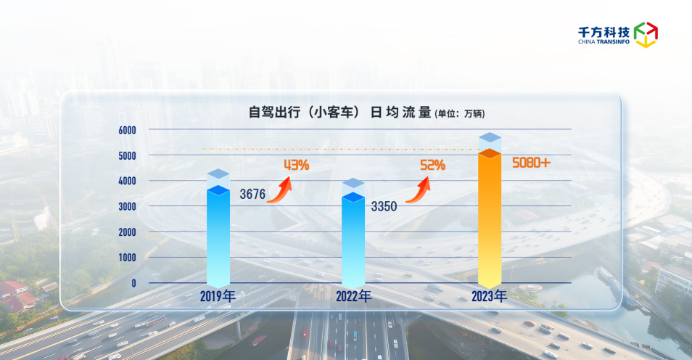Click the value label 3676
click(253, 195)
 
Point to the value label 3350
click(384, 207)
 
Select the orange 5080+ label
click(531, 163)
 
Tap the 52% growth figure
click(432, 165)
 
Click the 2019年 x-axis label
click(219, 296)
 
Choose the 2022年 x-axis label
click(354, 296)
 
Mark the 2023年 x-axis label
click(489, 296)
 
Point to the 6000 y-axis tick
click(127, 130)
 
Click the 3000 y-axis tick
click(127, 207)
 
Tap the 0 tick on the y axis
click(133, 283)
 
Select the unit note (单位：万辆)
click(459, 114)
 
